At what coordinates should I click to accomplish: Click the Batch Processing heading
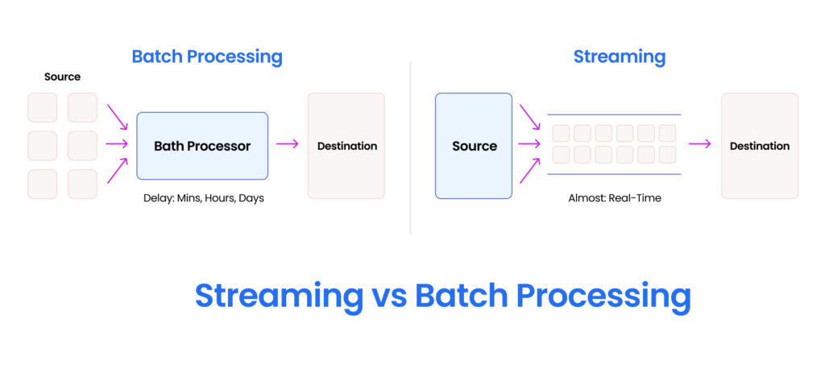pyautogui.click(x=207, y=56)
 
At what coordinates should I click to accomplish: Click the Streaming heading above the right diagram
pyautogui.click(x=619, y=56)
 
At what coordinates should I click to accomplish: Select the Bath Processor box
pyautogui.click(x=202, y=146)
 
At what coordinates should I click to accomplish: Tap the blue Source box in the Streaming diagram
pyautogui.click(x=474, y=146)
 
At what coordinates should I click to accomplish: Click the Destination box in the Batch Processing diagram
pyautogui.click(x=346, y=146)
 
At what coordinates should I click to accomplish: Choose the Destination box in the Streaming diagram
pyautogui.click(x=759, y=146)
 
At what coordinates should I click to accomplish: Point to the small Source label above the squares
pyautogui.click(x=62, y=77)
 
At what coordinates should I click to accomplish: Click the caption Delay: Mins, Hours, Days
pyautogui.click(x=204, y=197)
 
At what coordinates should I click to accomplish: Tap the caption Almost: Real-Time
pyautogui.click(x=614, y=197)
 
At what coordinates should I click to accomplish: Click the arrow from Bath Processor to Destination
pyautogui.click(x=288, y=144)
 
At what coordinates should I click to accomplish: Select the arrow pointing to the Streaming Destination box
pyautogui.click(x=700, y=144)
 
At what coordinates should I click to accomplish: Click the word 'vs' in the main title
pyautogui.click(x=389, y=296)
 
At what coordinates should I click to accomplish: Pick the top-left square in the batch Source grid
pyautogui.click(x=43, y=107)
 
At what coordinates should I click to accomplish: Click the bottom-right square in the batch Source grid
pyautogui.click(x=82, y=184)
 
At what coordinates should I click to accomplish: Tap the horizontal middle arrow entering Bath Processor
pyautogui.click(x=118, y=144)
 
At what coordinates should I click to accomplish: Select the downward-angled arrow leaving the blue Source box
pyautogui.click(x=530, y=117)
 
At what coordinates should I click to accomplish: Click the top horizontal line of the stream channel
pyautogui.click(x=614, y=114)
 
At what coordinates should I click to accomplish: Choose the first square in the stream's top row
pyautogui.click(x=561, y=133)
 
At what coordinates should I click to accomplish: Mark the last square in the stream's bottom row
pyautogui.click(x=667, y=155)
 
